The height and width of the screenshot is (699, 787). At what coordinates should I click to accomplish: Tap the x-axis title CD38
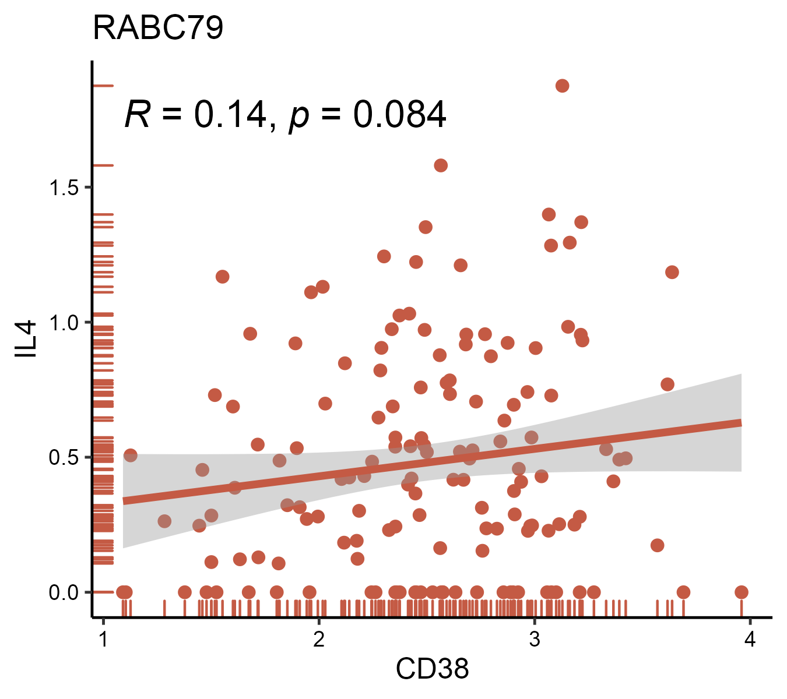coord(432,669)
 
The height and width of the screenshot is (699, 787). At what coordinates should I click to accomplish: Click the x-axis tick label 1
coord(103,640)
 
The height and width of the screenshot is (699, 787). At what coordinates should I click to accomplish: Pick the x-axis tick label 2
coord(319,640)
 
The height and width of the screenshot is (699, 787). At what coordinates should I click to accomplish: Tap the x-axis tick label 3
coord(534,640)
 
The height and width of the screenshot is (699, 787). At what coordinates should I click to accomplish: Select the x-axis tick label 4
coord(750,640)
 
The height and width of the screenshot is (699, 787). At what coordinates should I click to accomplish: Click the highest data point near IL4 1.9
coord(562,86)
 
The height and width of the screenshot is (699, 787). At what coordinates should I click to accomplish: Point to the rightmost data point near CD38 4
coord(741,592)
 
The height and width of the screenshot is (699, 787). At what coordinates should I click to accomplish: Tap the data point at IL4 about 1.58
coord(441,165)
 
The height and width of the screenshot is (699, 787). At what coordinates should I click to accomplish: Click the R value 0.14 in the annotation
coord(230,115)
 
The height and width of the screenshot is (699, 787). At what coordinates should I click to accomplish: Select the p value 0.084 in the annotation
coord(400,115)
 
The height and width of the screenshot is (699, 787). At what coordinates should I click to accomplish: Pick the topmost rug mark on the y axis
coord(103,86)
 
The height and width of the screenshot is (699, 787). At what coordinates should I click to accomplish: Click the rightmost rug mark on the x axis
coord(741,608)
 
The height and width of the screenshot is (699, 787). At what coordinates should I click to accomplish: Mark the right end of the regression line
coord(740,423)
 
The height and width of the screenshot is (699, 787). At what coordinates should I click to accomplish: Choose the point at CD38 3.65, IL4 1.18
coord(672,272)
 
